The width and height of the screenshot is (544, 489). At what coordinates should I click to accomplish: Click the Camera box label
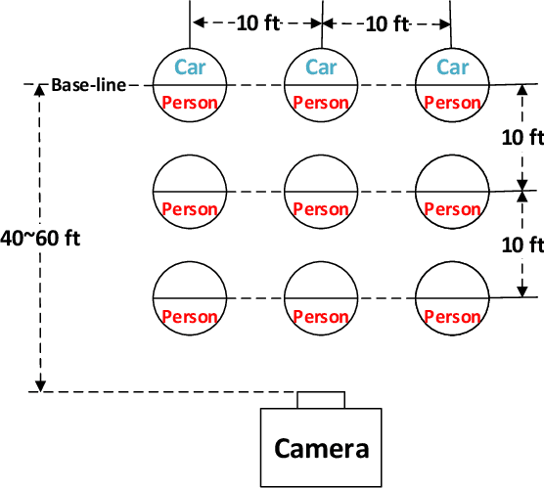coord(322,449)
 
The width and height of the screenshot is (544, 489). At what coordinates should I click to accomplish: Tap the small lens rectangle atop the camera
coord(322,399)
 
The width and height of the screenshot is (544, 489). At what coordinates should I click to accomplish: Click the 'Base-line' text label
coord(89,85)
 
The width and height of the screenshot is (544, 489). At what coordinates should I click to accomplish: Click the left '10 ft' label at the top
coord(257,22)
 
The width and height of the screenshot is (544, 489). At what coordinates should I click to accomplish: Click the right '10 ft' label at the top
coord(386,22)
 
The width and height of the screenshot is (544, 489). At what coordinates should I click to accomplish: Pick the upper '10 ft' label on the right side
coord(522,138)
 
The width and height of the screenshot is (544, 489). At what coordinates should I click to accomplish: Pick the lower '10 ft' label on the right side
coord(522,244)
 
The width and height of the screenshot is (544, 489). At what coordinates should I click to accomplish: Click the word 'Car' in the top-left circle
coord(190,67)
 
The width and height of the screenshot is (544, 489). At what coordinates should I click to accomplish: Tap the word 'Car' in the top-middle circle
coord(321,67)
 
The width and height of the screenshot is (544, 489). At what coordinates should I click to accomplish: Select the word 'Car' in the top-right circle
coord(452,67)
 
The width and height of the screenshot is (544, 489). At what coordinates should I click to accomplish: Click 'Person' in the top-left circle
coord(190,102)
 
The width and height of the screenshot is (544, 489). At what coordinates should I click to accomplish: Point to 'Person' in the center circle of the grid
coord(321,208)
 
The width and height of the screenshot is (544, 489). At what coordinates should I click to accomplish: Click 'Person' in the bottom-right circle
coord(452,316)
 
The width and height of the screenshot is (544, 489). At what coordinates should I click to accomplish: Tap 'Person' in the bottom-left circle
coord(190,316)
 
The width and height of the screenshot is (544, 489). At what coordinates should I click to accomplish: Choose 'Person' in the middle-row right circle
coord(452,208)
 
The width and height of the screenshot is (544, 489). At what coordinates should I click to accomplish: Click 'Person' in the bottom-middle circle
coord(321,316)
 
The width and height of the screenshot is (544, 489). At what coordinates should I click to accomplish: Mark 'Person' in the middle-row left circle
coord(190,208)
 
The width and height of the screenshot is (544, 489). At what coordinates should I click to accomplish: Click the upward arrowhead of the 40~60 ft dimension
coord(41,91)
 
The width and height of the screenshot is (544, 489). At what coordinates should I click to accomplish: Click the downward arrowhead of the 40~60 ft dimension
coord(41,386)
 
